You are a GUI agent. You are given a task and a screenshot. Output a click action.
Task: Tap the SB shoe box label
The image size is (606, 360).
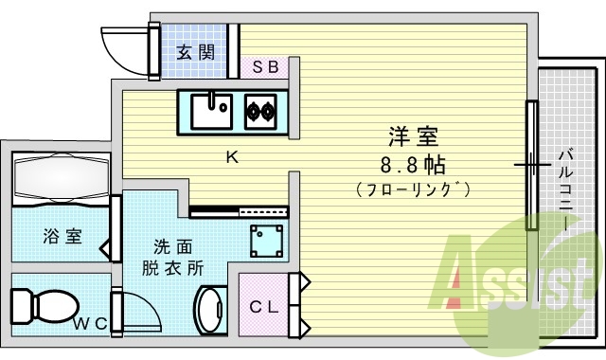coord(265,66)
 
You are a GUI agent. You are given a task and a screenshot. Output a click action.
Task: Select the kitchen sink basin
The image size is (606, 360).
coord(211,112)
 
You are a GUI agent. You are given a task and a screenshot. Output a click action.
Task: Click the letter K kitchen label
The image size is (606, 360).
coord(230,157)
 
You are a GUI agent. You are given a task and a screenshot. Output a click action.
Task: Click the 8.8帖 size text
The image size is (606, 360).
coord(415,164)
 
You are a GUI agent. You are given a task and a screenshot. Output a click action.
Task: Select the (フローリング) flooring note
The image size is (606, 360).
coord(415,189)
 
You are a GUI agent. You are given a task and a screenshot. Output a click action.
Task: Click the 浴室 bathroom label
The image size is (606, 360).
coord(62,236)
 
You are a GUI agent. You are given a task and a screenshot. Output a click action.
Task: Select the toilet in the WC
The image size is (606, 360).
coord(43,305)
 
